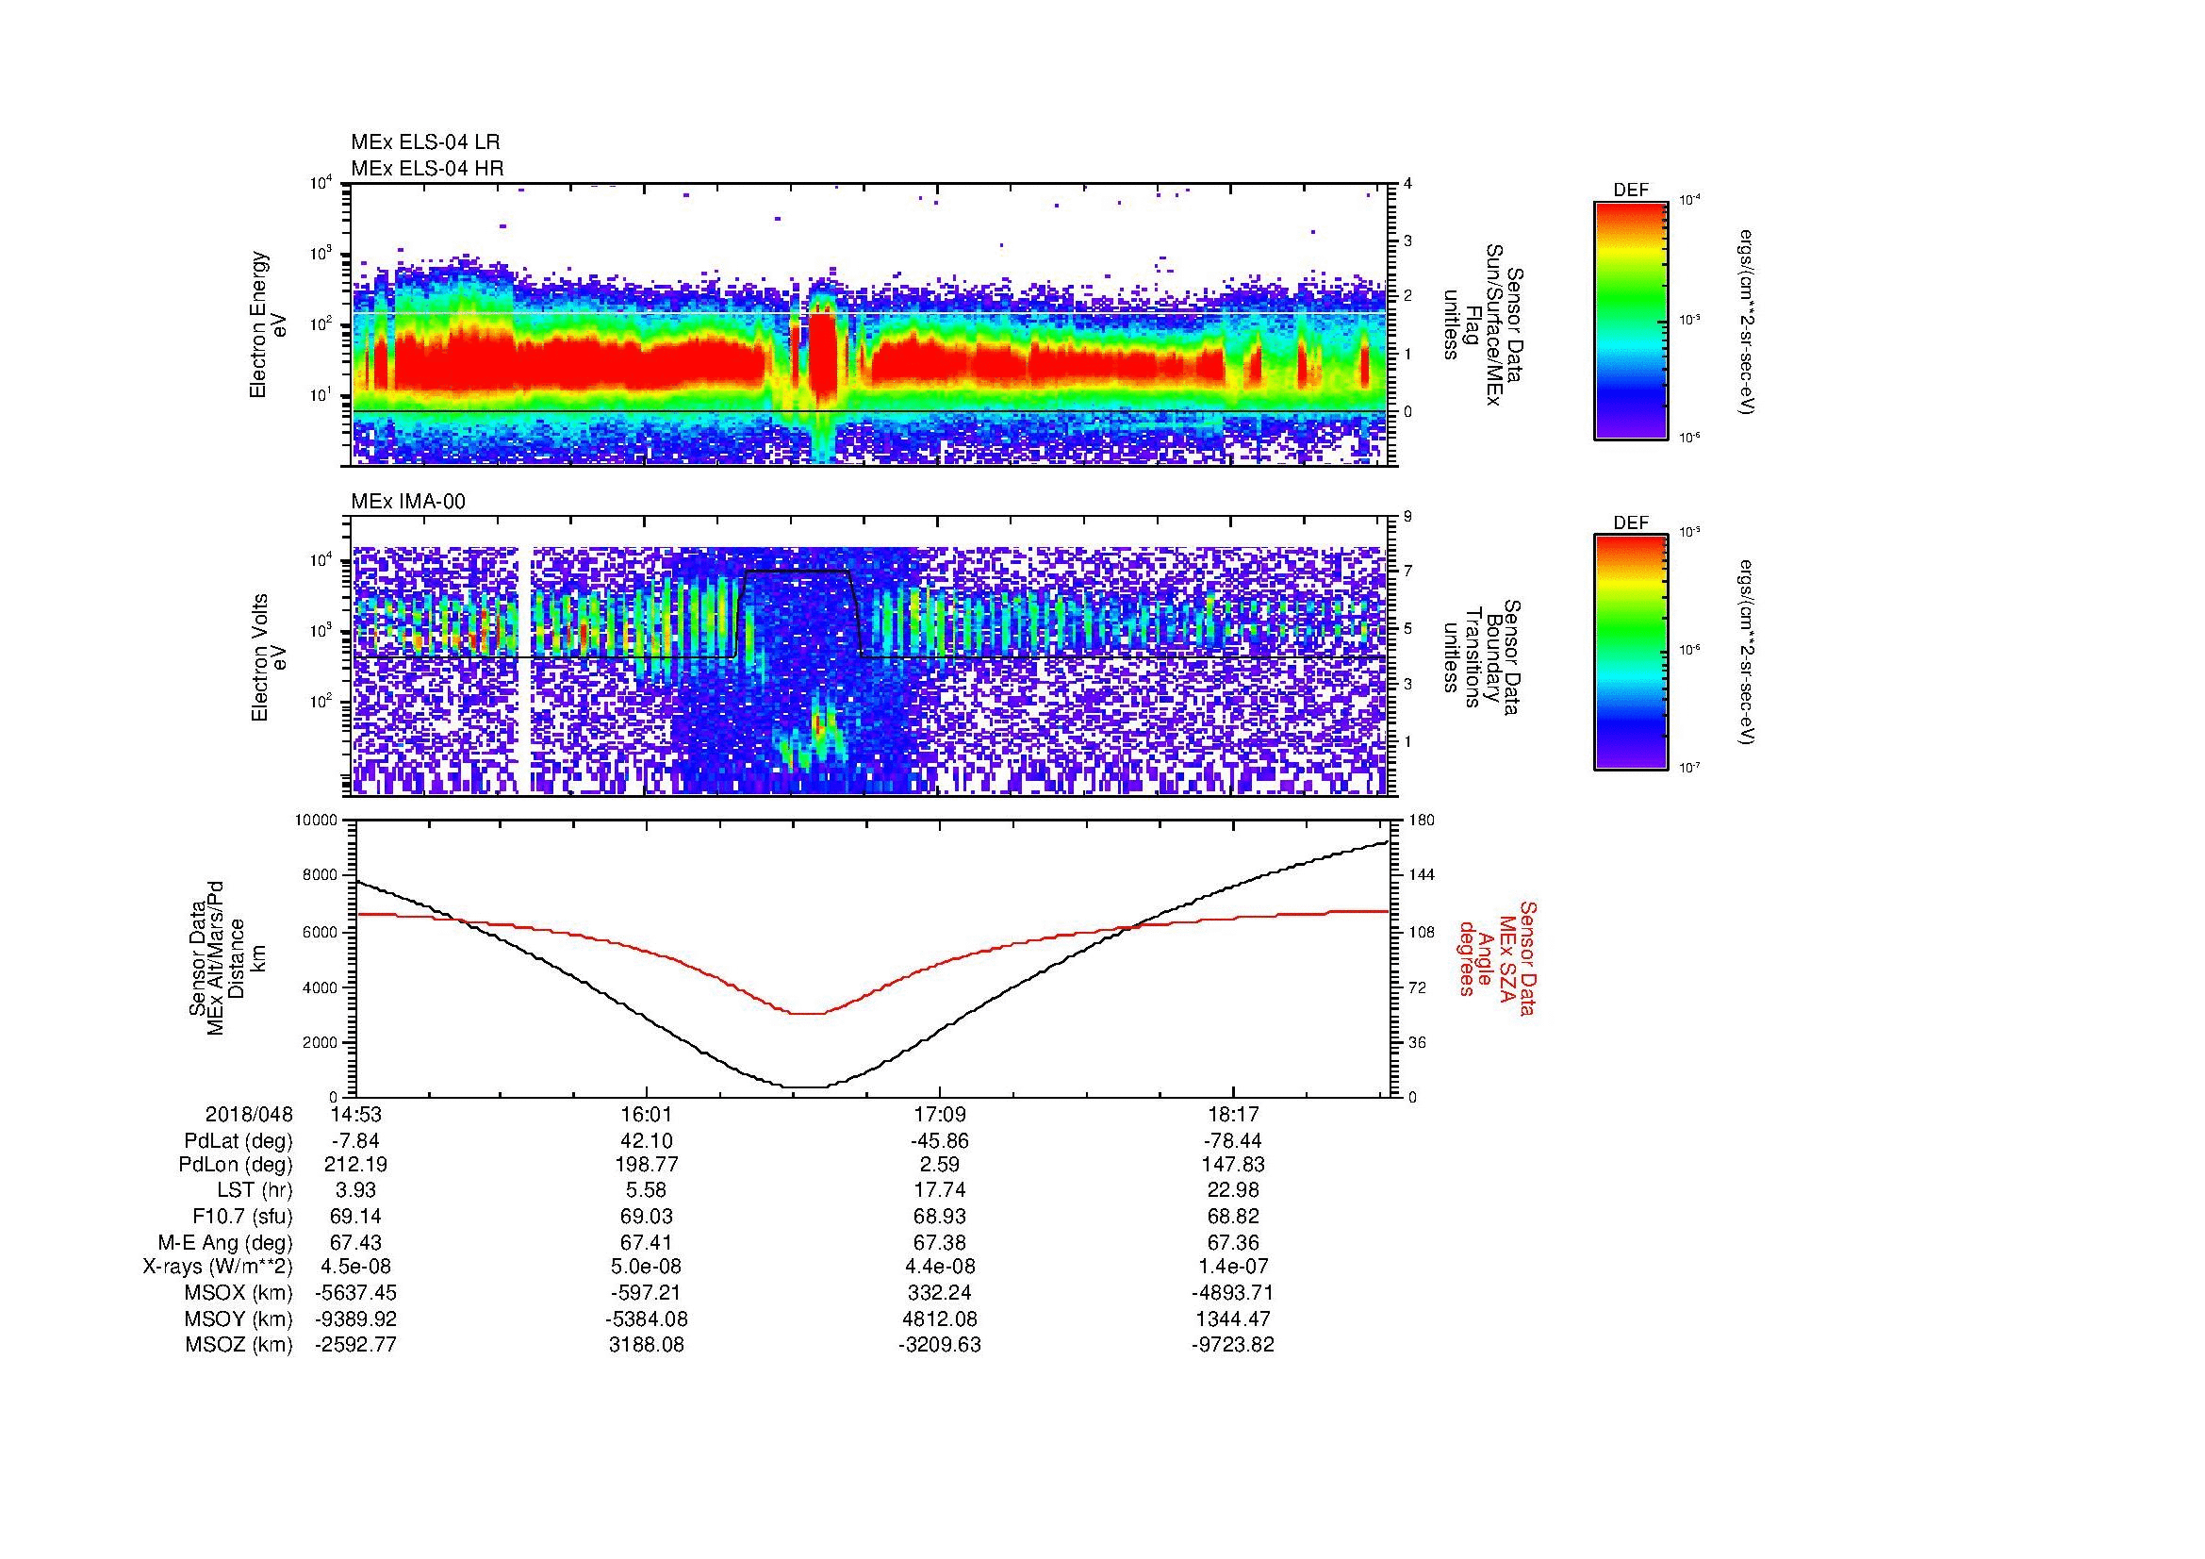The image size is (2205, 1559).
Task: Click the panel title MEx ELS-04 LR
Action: click(x=424, y=142)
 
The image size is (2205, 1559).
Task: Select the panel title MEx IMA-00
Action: click(x=407, y=502)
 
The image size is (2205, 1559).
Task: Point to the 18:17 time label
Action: click(x=1232, y=1115)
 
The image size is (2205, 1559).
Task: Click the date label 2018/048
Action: click(x=249, y=1115)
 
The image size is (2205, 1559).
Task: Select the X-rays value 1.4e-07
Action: click(x=1232, y=1267)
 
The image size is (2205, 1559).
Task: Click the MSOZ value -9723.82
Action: click(x=1232, y=1345)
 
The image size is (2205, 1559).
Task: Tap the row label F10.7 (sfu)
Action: click(x=242, y=1216)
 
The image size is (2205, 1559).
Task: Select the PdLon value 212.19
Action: click(x=355, y=1165)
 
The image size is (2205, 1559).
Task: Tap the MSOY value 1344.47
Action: click(x=1232, y=1319)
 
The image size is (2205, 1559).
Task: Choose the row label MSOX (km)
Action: click(x=239, y=1293)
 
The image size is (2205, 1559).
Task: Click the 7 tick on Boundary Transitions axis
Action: click(x=1407, y=572)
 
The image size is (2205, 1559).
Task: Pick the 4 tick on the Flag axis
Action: click(x=1407, y=184)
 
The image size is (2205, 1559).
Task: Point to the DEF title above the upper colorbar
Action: click(x=1631, y=191)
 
